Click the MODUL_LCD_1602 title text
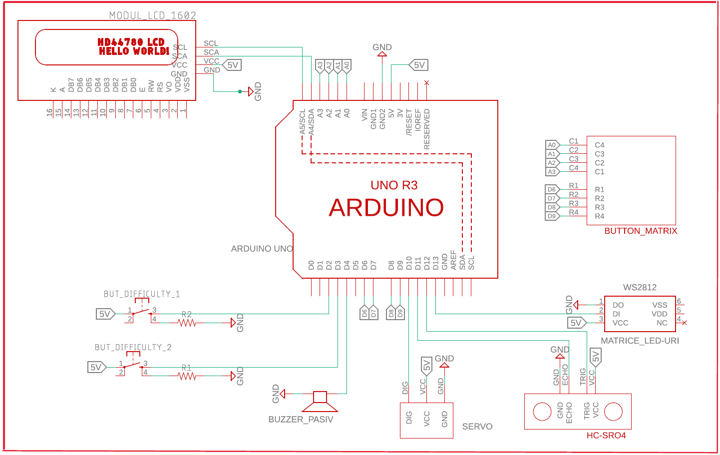pos(152,15)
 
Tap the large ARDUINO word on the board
pos(386,208)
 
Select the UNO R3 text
pos(394,185)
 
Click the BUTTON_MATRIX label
pos(641,231)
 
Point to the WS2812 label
pos(640,287)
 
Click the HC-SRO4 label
pos(606,436)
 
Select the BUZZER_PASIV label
pos(301,420)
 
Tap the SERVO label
pos(477,427)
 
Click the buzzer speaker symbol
pos(320,400)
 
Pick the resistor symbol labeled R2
pos(187,323)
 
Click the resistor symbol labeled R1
pos(187,376)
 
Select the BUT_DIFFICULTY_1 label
pos(142,294)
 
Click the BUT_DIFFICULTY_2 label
pos(133,347)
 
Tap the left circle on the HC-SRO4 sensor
pos(542,412)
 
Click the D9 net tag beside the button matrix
pos(552,216)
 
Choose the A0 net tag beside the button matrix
pos(552,145)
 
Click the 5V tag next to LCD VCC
pos(232,65)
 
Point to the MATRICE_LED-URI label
pos(640,341)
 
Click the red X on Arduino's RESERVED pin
pos(426,82)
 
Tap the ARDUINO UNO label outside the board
pos(262,249)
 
